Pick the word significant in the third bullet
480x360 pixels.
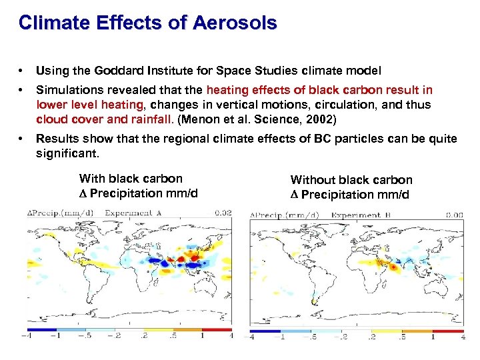click(x=66, y=153)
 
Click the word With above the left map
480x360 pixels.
click(x=91, y=178)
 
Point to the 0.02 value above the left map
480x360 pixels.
click(x=223, y=213)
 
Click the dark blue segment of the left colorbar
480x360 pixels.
click(x=41, y=329)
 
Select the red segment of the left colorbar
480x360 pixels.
click(x=217, y=329)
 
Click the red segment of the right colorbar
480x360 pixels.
click(x=448, y=331)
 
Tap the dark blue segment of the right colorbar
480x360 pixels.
click(x=265, y=331)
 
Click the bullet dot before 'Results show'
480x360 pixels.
click(x=23, y=139)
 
